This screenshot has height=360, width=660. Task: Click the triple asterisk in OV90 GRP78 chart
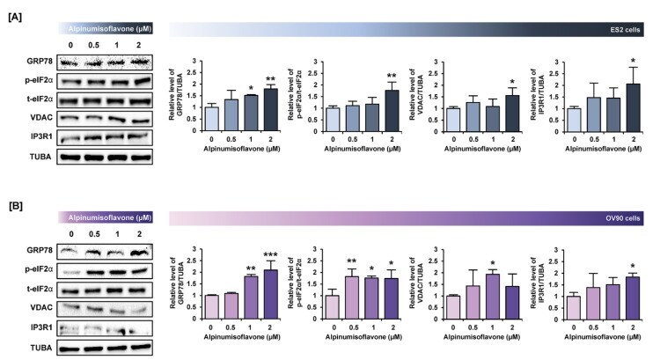(271, 251)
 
